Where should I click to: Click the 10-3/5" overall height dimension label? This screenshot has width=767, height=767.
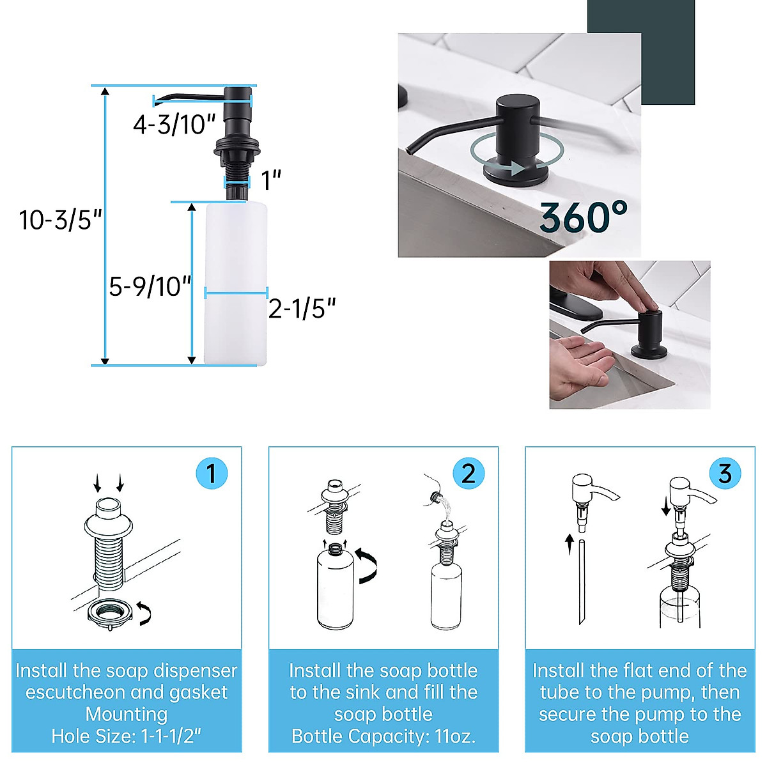pos(61,221)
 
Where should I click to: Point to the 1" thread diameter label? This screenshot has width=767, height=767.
pos(272,181)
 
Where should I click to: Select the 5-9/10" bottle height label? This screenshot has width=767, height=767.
pos(150,287)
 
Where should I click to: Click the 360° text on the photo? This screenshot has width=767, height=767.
pos(583,218)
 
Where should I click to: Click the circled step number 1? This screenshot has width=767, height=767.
pos(211,474)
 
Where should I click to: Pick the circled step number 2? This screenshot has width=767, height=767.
pos(468,474)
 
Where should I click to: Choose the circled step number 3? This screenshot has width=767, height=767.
pos(725,474)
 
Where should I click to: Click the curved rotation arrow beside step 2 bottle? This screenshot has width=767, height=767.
pos(368,565)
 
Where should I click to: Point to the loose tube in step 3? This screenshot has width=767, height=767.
pos(581,582)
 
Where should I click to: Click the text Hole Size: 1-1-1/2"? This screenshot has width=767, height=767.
pos(127,736)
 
